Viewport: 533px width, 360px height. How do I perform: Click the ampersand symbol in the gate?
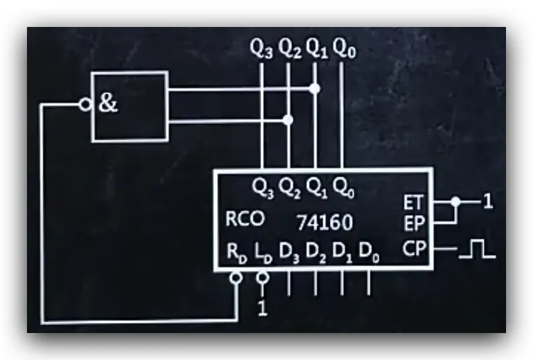point(108,103)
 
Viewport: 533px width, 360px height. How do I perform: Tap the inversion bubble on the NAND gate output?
point(85,104)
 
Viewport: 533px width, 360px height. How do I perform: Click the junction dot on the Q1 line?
point(315,88)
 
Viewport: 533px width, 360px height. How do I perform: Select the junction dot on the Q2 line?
point(288,120)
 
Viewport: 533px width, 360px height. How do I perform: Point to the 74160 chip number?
point(325,222)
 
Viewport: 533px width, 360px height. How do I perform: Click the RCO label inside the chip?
point(245,218)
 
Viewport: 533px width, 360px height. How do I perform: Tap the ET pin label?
point(414,203)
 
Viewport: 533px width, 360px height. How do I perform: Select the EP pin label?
point(414,224)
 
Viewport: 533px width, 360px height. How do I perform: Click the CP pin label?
point(414,249)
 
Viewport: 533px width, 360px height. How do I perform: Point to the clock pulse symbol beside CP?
point(477,249)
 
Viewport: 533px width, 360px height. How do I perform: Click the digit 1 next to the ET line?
point(488,202)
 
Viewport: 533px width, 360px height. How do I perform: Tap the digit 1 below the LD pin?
point(262,308)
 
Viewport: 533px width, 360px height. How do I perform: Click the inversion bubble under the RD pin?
point(236,278)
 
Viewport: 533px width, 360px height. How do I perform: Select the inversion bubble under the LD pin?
point(262,278)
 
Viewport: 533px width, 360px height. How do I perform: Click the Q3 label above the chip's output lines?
point(261,49)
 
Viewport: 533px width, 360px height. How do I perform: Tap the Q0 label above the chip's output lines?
point(344,49)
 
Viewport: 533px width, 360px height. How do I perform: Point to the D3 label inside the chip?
point(289,253)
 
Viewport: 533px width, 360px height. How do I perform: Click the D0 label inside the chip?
point(369,253)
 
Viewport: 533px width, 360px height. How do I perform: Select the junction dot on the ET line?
point(455,202)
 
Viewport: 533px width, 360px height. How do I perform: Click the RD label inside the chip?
point(237,253)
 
